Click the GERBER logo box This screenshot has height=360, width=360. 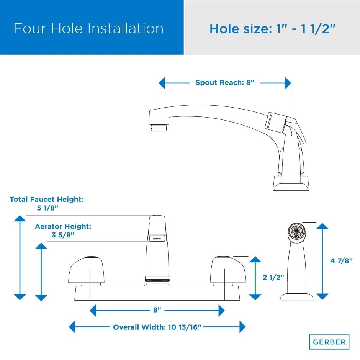[329, 342]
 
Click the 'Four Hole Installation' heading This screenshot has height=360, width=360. [88, 28]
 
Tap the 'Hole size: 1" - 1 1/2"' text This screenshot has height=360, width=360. [272, 29]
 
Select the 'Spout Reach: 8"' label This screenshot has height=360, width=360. [225, 82]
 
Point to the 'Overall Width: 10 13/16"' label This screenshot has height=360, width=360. [157, 327]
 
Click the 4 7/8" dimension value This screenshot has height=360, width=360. [341, 261]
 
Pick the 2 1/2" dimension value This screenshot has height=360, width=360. [273, 278]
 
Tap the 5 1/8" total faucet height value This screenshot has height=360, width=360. [47, 208]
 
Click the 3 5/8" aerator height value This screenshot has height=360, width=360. [63, 235]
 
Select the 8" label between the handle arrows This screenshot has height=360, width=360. [157, 310]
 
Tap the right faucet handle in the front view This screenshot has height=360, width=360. [228, 270]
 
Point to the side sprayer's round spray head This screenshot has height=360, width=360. [297, 231]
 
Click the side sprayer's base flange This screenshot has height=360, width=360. [297, 297]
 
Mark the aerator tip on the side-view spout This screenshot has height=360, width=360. [159, 128]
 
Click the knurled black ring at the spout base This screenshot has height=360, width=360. [157, 280]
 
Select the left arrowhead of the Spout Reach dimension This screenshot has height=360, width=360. [162, 83]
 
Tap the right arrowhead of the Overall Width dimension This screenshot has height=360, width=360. [242, 327]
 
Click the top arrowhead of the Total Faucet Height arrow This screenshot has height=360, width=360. [20, 218]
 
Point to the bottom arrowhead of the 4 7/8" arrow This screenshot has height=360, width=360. [322, 297]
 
